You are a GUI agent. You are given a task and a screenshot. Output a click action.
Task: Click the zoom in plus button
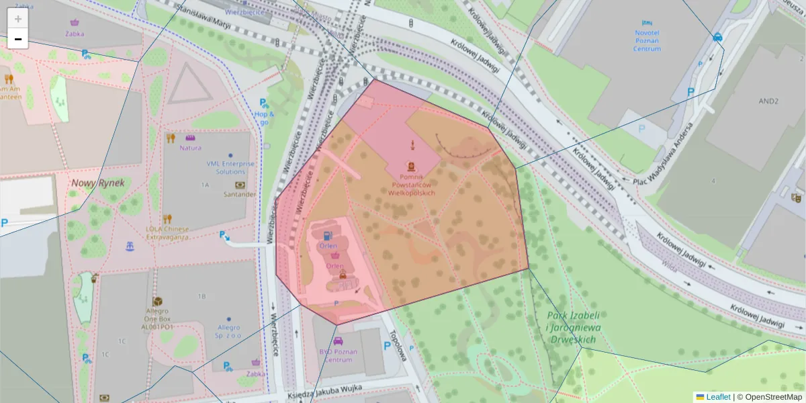(18, 19)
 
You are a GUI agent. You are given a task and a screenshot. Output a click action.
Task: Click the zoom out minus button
(18, 39)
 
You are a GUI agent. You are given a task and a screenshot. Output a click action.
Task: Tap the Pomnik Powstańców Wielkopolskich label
(411, 185)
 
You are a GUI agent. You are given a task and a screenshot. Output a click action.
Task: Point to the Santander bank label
(240, 194)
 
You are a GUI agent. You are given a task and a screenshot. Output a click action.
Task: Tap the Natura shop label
(190, 148)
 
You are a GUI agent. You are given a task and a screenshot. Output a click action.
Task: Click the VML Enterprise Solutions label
(230, 167)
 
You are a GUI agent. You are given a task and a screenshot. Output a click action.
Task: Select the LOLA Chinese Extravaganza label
(167, 232)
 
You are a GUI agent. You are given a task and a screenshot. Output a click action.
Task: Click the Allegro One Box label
(157, 318)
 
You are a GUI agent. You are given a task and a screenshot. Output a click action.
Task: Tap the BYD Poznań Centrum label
(339, 355)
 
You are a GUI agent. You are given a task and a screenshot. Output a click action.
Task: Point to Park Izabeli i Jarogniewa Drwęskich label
(572, 327)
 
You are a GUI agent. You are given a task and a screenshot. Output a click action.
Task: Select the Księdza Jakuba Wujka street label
(324, 389)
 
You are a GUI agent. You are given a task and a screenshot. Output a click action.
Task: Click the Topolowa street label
(398, 346)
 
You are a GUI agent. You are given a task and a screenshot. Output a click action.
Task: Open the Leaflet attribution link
(718, 397)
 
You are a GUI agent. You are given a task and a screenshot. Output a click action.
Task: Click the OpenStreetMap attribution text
(773, 397)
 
